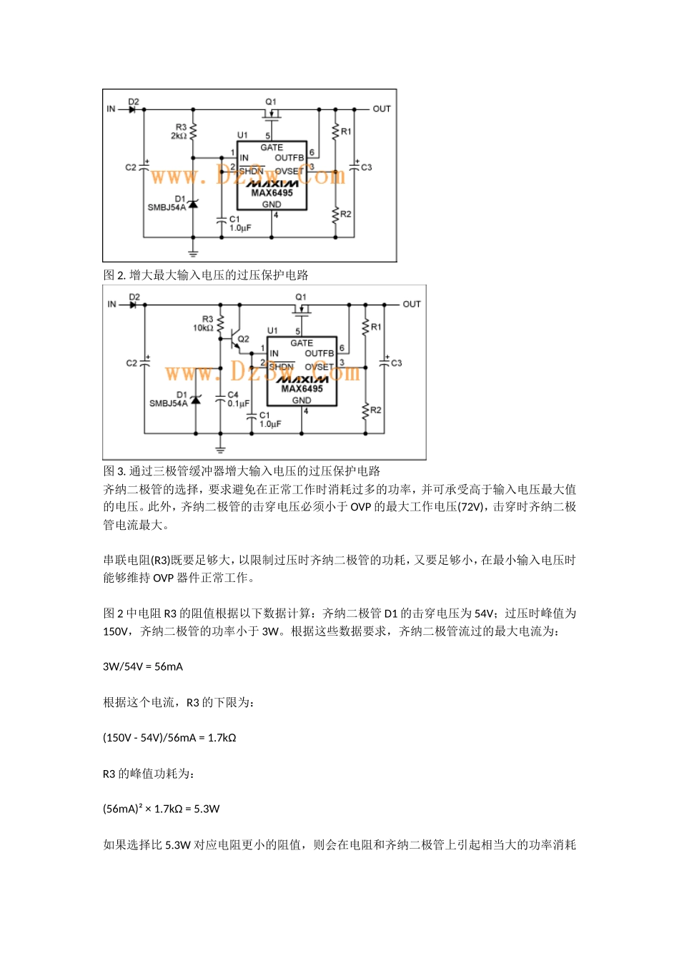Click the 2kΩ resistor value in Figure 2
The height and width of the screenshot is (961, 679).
179,136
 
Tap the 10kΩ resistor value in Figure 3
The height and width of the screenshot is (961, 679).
203,328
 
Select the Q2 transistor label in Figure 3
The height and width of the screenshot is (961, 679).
243,339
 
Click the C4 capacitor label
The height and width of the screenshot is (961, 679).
233,395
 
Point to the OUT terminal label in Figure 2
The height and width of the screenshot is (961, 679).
382,109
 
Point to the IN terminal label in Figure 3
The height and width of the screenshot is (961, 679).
111,304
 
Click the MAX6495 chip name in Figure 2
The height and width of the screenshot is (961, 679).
272,193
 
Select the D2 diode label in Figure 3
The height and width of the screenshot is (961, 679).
134,297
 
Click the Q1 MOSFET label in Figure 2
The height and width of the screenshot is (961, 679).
271,102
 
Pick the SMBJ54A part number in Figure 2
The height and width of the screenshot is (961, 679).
167,207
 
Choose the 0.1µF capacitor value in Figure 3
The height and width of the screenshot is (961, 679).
238,403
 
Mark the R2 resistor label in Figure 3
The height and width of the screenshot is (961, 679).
376,410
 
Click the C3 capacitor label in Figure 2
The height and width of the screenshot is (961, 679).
366,167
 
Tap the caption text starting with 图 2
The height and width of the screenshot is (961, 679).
206,275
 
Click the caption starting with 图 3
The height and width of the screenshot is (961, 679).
242,471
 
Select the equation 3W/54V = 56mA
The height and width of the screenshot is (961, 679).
143,666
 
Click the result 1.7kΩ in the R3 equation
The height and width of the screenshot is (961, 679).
222,738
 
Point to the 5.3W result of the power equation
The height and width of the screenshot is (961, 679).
207,809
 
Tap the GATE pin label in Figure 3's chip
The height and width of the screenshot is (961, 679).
302,343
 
